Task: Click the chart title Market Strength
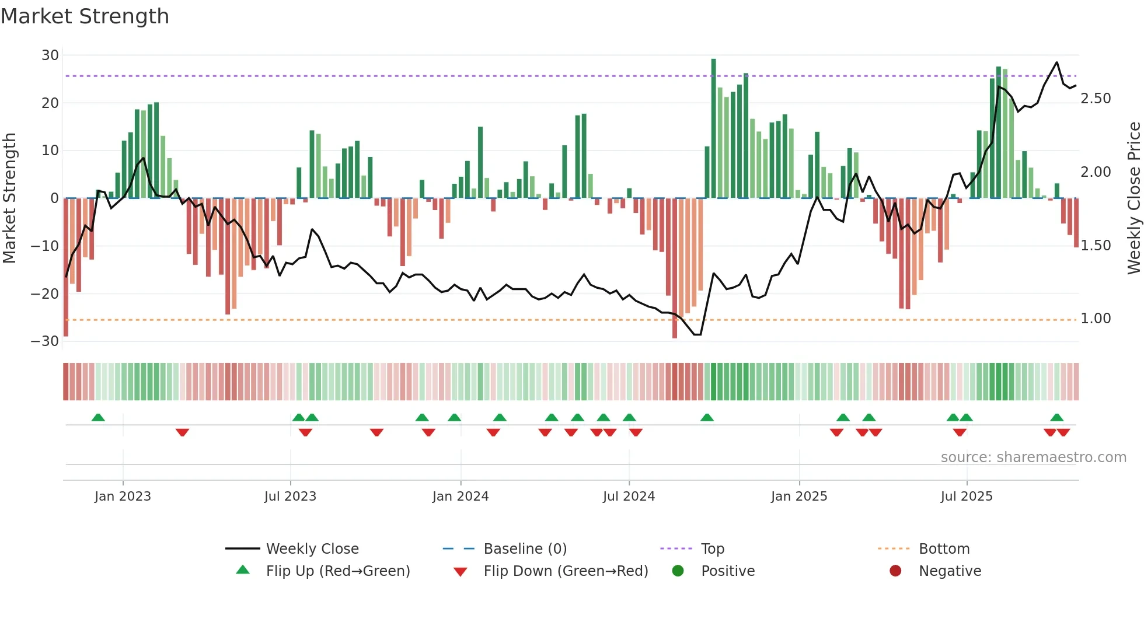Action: [85, 16]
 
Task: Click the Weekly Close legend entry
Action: [312, 548]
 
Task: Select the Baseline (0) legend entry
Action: [525, 548]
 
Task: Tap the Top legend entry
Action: [712, 548]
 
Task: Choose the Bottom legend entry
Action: [944, 548]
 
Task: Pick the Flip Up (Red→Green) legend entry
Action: [337, 571]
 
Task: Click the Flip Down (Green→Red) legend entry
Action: [565, 571]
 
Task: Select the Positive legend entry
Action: [727, 571]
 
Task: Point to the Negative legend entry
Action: [950, 571]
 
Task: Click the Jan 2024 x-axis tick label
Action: [461, 496]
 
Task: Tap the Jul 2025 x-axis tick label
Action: [967, 496]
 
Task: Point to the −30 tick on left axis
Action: [45, 341]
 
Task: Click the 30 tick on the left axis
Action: [50, 55]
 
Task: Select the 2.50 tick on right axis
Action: [1096, 99]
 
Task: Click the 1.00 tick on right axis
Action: [1096, 319]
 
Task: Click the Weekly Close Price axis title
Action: [1133, 198]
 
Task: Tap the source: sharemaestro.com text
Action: [1033, 457]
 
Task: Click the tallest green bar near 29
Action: [713, 128]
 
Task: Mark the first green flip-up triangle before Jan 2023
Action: [98, 417]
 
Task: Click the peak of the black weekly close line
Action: [1056, 62]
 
